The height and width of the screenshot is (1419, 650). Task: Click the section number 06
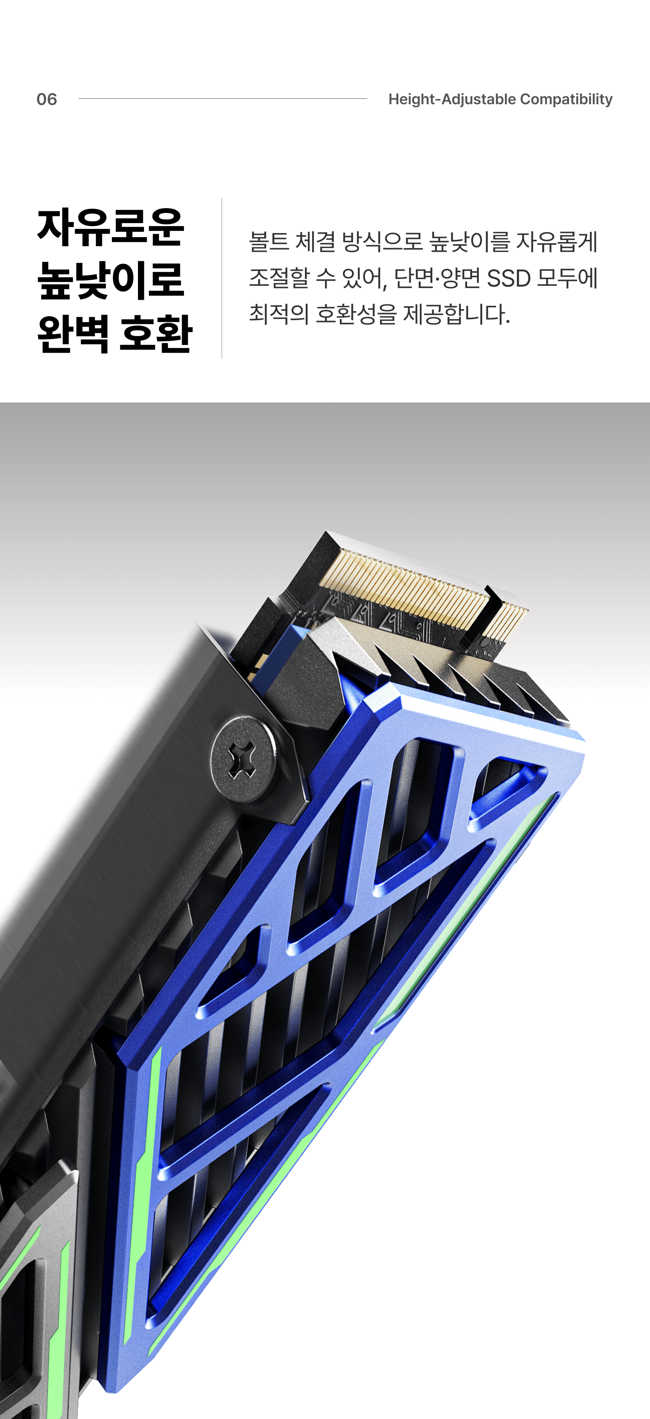[47, 99]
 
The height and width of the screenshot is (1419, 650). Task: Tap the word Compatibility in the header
[566, 99]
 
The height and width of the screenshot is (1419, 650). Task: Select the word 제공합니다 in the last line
[457, 315]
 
